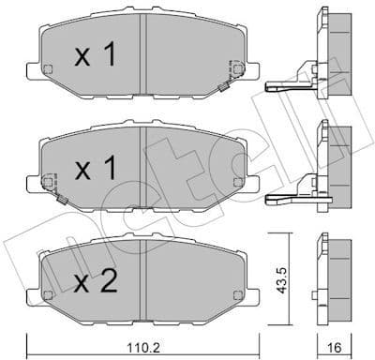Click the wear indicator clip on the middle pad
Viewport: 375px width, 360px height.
[x=57, y=200]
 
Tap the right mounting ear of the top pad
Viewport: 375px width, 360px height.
[x=250, y=69]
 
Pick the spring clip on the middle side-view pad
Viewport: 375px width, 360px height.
[x=291, y=198]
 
